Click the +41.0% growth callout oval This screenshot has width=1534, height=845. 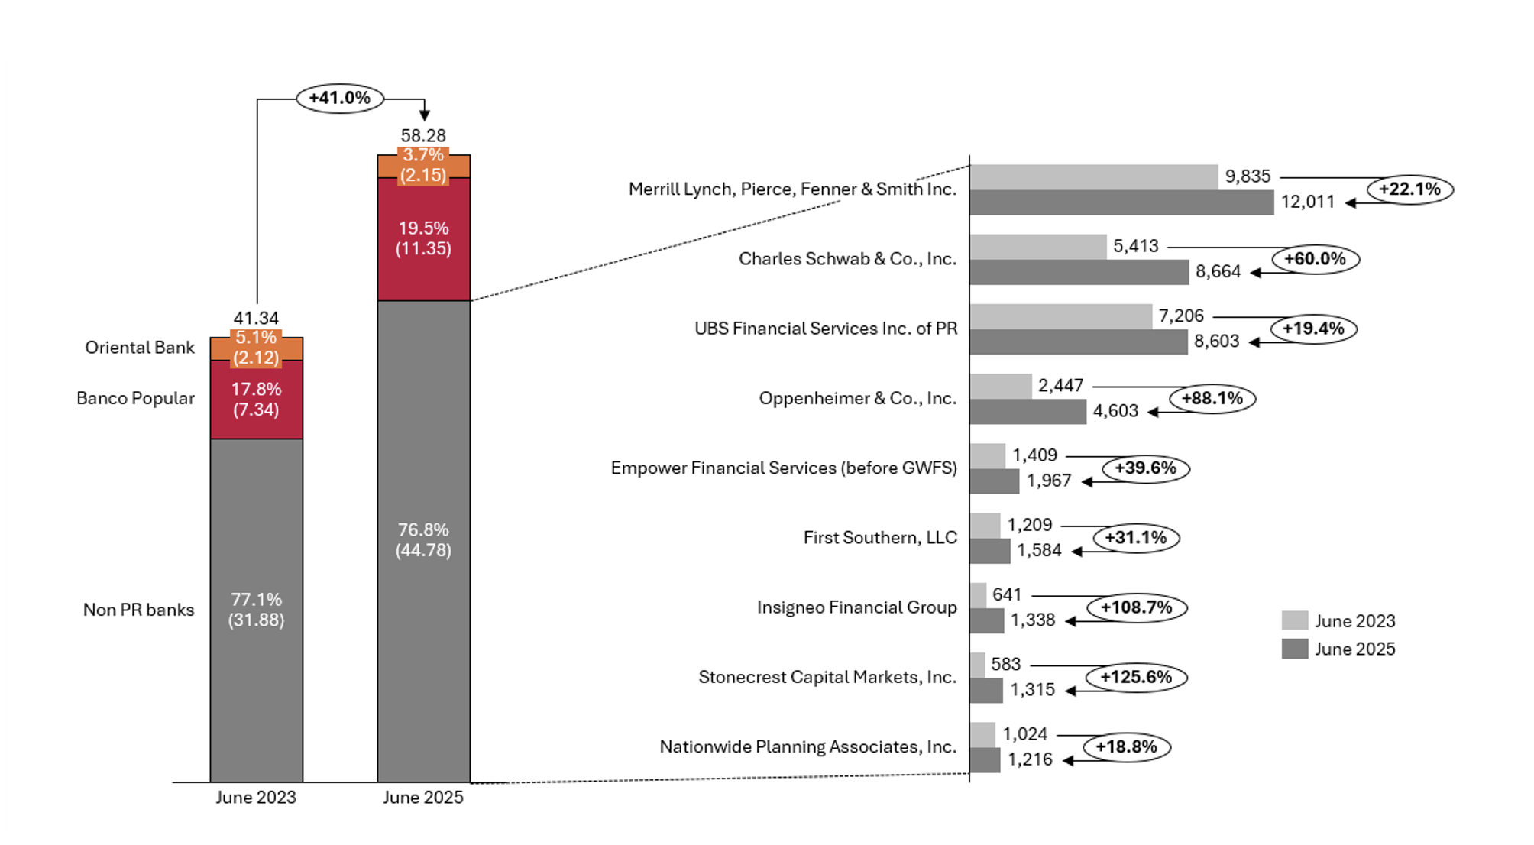(340, 98)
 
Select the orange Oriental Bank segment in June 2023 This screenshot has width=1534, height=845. (257, 348)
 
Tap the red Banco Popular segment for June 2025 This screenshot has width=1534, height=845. (423, 238)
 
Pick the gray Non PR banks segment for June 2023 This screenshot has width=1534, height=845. (257, 610)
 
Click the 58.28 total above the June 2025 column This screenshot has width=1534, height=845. (423, 135)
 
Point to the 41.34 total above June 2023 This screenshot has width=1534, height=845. (256, 318)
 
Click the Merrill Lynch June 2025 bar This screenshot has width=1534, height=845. (1121, 202)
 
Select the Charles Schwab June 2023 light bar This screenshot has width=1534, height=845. (1037, 246)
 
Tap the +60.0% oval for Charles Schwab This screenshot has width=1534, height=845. (1315, 259)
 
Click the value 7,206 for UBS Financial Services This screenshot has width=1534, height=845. (1180, 316)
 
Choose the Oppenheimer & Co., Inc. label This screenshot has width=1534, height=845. (857, 398)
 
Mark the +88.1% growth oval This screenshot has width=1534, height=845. (1212, 398)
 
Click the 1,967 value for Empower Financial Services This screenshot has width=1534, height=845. (1049, 481)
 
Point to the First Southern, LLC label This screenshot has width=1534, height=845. (880, 538)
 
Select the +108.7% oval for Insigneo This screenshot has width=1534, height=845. (1136, 607)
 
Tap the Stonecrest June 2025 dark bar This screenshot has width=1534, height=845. (986, 691)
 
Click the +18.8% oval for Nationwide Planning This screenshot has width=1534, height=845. (1126, 746)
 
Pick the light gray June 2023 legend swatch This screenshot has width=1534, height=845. (1295, 620)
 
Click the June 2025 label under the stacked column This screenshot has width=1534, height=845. (423, 798)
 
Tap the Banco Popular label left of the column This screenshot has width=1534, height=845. (135, 398)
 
